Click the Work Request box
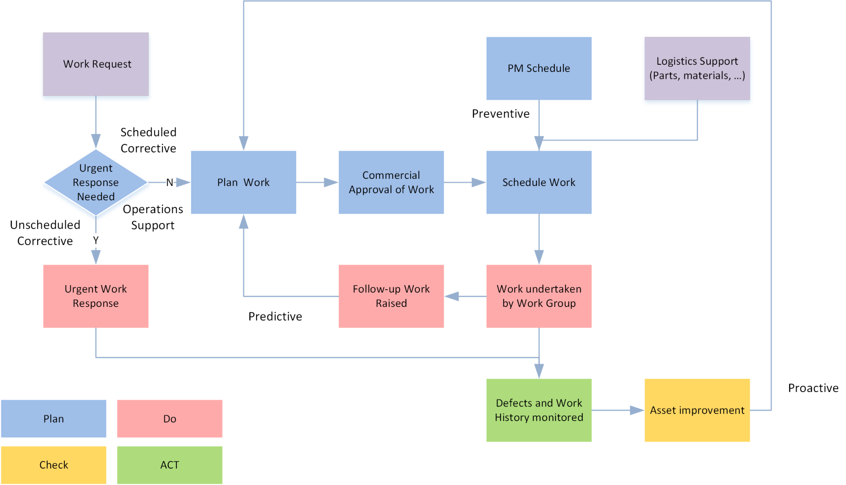pos(96,64)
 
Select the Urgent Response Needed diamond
pos(96,182)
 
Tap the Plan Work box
pos(243,182)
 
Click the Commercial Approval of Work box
pos(391,182)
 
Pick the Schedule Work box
pos(539,182)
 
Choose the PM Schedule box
pos(539,68)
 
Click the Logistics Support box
pos(697,68)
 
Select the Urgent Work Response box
pos(96,296)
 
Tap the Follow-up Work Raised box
pos(391,296)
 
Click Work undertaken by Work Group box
pos(539,296)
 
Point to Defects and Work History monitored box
pos(539,410)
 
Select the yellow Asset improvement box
pos(697,410)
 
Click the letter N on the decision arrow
pos(170,182)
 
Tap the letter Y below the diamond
pos(96,240)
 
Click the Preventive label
pos(501,114)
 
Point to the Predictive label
pos(275,316)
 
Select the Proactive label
pos(813,388)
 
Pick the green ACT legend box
pos(169,465)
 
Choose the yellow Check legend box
pos(54,465)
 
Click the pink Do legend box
pos(169,418)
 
